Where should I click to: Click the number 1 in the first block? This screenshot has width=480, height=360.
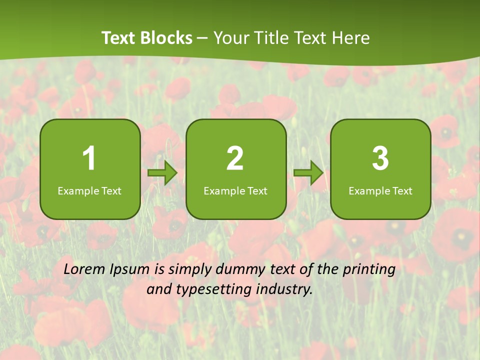pyautogui.click(x=89, y=158)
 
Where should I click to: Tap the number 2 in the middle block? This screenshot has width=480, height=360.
pyautogui.click(x=235, y=158)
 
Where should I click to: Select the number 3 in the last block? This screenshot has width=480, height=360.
pyautogui.click(x=380, y=158)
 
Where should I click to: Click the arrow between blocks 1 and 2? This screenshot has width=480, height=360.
pyautogui.click(x=162, y=173)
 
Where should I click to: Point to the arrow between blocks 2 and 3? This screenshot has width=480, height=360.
pyautogui.click(x=308, y=173)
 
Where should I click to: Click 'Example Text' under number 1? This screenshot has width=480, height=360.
pyautogui.click(x=89, y=191)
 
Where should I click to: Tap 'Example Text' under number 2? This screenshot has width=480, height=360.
pyautogui.click(x=235, y=191)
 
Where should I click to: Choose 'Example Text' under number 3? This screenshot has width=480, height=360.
pyautogui.click(x=380, y=191)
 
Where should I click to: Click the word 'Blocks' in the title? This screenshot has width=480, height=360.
pyautogui.click(x=168, y=38)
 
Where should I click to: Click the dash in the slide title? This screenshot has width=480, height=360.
pyautogui.click(x=202, y=38)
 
